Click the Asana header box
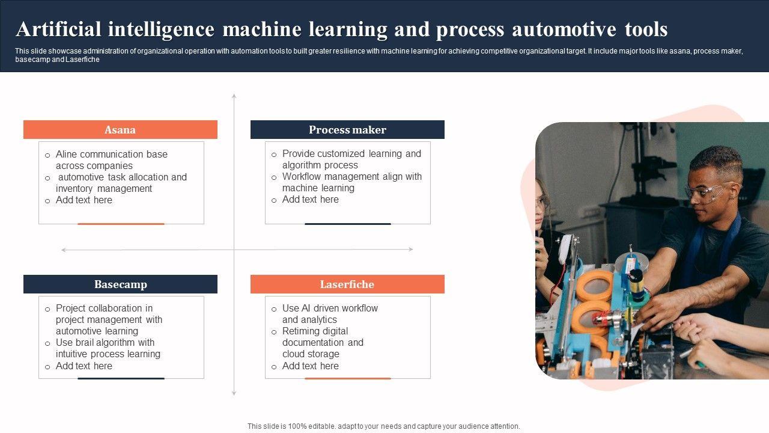(x=120, y=129)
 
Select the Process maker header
(x=347, y=129)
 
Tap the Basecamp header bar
(x=120, y=284)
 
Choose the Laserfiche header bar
(x=347, y=284)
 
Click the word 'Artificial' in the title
(x=59, y=29)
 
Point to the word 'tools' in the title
(x=646, y=29)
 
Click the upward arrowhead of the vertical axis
(x=234, y=96)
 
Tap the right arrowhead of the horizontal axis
(x=410, y=250)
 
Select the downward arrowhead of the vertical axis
(x=234, y=393)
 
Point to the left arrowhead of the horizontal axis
(x=64, y=250)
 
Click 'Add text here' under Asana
(x=84, y=200)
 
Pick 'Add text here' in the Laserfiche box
(x=311, y=366)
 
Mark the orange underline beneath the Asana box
(x=121, y=224)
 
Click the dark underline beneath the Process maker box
(x=348, y=224)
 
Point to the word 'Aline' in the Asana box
(x=67, y=155)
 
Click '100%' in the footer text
(x=297, y=426)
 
